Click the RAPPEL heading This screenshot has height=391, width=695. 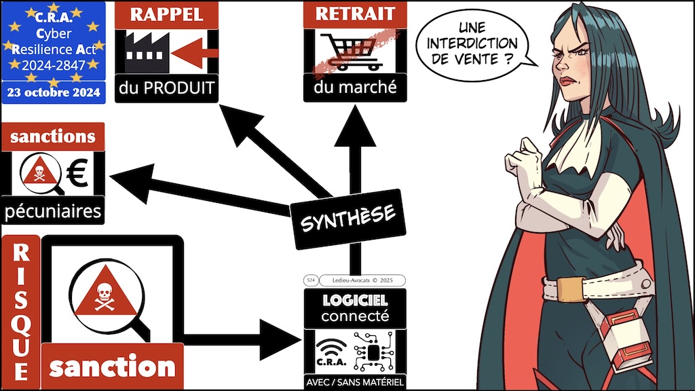(x=166, y=15)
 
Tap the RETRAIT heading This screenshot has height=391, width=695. (x=354, y=15)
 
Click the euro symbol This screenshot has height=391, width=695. (x=78, y=173)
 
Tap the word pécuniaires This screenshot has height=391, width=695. (x=53, y=211)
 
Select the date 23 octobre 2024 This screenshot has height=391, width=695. (x=53, y=92)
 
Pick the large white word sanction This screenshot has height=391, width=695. (x=112, y=367)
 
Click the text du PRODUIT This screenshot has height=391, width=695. (x=166, y=88)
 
